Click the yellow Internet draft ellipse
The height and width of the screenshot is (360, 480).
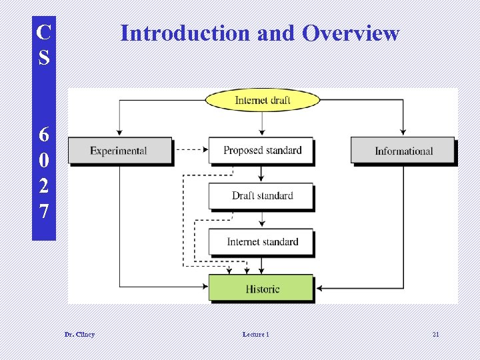pyautogui.click(x=262, y=100)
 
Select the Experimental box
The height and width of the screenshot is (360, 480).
pyautogui.click(x=119, y=151)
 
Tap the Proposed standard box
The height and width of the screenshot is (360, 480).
pyautogui.click(x=261, y=151)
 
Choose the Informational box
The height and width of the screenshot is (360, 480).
pyautogui.click(x=403, y=151)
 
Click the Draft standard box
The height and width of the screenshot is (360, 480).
pyautogui.click(x=261, y=196)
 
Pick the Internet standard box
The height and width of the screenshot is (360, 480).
pyautogui.click(x=261, y=242)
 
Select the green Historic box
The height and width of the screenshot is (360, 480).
pyautogui.click(x=261, y=289)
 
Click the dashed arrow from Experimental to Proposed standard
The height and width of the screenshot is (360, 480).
pyautogui.click(x=192, y=150)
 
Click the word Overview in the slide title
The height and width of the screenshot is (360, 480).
pyautogui.click(x=351, y=33)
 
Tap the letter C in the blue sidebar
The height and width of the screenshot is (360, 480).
pyautogui.click(x=43, y=32)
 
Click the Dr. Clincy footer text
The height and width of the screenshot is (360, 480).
pyautogui.click(x=79, y=334)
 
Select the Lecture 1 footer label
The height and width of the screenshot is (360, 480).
pyautogui.click(x=256, y=334)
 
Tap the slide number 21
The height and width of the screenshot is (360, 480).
pyautogui.click(x=435, y=334)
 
